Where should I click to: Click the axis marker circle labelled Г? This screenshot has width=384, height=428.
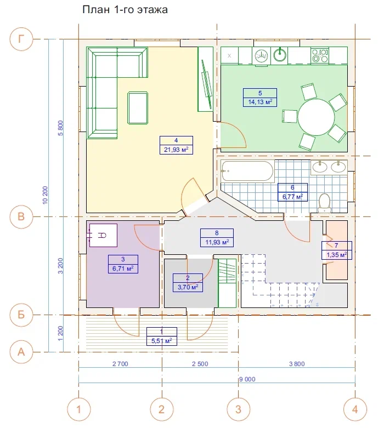[x=21, y=39]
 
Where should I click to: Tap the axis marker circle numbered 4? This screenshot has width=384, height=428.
[x=355, y=409]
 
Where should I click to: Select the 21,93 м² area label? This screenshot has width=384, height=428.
[x=176, y=150]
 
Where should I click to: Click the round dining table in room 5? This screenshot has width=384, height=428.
[x=316, y=117]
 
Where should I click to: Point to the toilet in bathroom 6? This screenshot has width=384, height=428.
[x=325, y=203]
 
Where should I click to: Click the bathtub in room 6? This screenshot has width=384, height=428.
[x=247, y=171]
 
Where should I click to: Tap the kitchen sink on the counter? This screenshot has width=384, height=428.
[x=279, y=55]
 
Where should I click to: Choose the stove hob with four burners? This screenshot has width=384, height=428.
[x=320, y=56]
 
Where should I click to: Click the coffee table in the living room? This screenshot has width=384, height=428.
[x=138, y=108]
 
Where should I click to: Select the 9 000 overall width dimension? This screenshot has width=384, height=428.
[x=247, y=379]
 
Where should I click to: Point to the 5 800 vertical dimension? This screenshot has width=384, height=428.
[x=60, y=128]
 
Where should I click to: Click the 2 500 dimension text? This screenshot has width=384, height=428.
[x=200, y=364]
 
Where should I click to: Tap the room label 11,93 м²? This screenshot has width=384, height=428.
[x=217, y=242]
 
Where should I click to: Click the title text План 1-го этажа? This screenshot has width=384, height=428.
[x=125, y=9]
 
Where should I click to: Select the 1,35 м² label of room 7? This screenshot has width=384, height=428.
[x=337, y=255]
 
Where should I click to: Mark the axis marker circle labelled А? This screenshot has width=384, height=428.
[x=21, y=352]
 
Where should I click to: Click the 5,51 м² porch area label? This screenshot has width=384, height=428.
[x=161, y=341]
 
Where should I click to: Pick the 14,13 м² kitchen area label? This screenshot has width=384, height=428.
[x=260, y=102]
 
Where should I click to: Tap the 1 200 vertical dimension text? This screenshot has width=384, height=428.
[x=60, y=333]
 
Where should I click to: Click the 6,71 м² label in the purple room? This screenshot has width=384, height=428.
[x=123, y=269]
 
